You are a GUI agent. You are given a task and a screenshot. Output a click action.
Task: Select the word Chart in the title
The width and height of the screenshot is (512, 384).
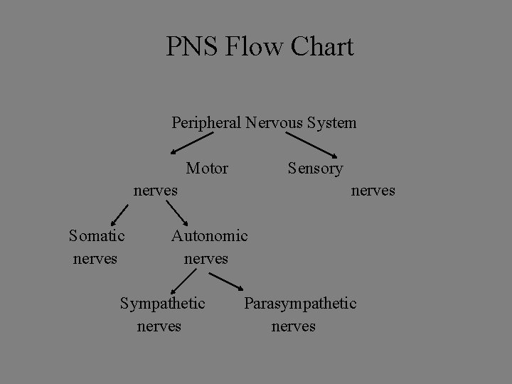319,47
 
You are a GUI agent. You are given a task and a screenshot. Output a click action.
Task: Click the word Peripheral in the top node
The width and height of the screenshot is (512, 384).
207,123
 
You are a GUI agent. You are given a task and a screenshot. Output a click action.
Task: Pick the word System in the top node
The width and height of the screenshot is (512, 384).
332,123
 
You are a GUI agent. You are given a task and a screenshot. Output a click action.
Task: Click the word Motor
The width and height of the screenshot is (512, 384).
207,169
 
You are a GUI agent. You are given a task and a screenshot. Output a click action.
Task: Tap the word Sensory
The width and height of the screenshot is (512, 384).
315,169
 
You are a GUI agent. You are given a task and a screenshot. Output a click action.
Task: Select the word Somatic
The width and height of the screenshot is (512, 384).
97,235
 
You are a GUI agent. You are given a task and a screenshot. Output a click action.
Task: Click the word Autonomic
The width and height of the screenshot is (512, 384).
209,235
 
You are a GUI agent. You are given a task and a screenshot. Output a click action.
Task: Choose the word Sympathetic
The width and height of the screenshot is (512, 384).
162,304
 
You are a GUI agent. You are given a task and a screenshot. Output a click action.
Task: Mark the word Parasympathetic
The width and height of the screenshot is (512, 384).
300,304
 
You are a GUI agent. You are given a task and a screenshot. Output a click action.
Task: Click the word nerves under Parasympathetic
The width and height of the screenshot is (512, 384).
293,326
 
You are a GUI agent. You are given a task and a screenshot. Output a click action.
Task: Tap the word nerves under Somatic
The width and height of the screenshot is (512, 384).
95,258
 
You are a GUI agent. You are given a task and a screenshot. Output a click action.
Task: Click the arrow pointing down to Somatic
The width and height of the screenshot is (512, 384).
120,214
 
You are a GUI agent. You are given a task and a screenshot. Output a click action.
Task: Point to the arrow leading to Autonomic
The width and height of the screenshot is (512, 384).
177,213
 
